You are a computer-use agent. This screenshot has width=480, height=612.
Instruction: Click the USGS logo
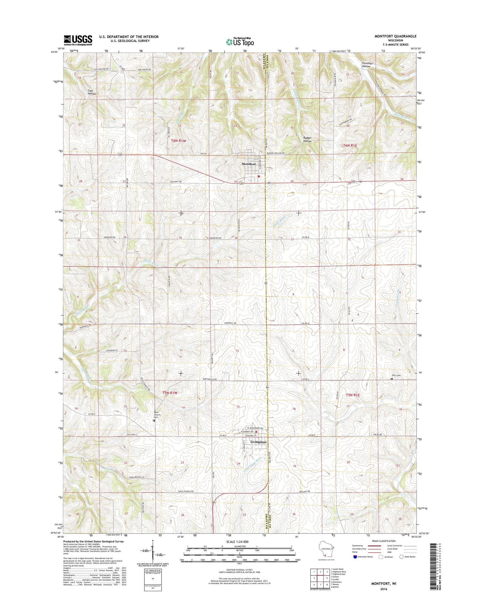(x=78, y=40)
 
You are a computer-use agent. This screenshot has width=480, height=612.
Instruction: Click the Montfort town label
(x=249, y=164)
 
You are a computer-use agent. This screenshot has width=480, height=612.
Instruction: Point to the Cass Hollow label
(x=92, y=92)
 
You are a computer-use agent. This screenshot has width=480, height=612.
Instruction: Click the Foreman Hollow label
(x=367, y=65)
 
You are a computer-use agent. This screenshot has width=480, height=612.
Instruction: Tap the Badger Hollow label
(x=307, y=139)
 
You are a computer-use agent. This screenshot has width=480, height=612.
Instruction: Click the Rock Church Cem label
(x=157, y=415)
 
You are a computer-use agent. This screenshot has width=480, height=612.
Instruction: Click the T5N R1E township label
(x=353, y=395)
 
